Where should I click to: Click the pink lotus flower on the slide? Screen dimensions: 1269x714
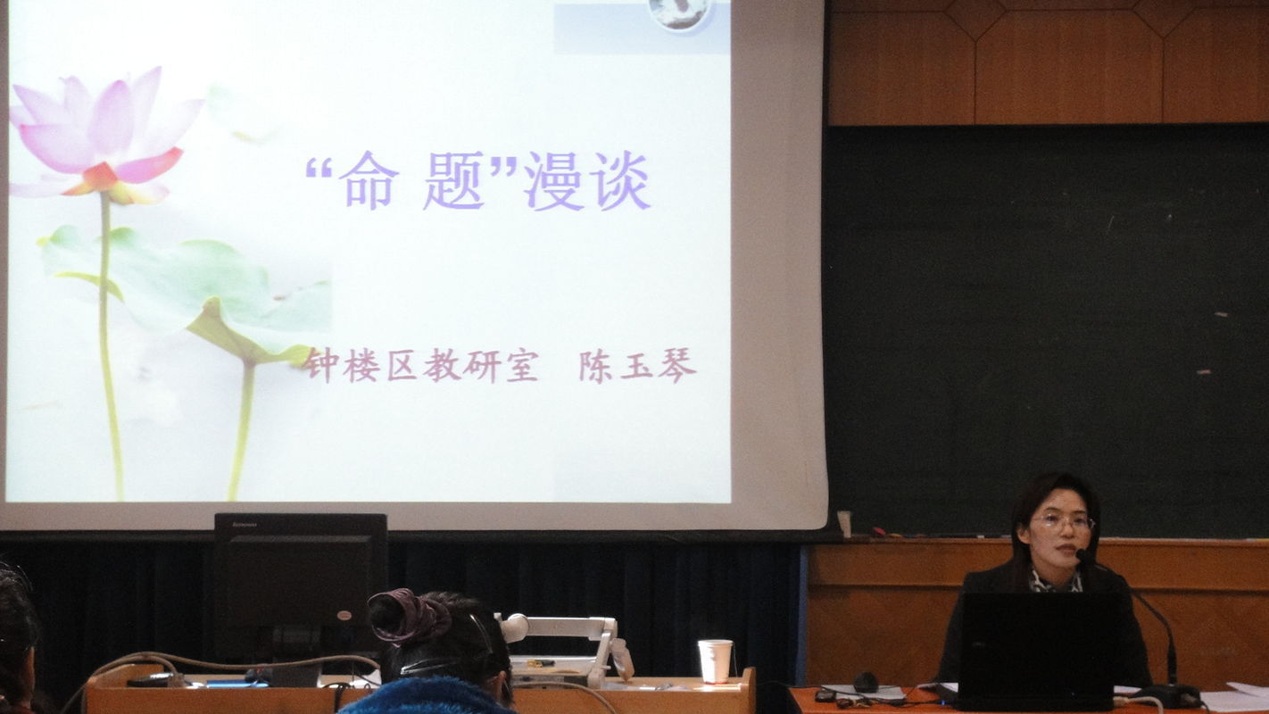tap(104, 136)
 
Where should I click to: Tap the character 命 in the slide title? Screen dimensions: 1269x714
tap(369, 180)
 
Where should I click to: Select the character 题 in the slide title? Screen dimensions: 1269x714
tap(454, 181)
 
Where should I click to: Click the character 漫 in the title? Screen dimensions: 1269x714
tap(553, 181)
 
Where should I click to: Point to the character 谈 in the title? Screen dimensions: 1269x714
tap(619, 181)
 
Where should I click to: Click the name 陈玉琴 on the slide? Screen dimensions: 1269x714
tap(637, 367)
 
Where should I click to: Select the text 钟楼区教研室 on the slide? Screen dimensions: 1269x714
tap(419, 366)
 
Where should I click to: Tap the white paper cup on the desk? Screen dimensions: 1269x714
tap(715, 660)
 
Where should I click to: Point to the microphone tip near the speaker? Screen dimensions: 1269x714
tap(1082, 555)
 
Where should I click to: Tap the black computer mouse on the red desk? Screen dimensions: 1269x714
tap(865, 682)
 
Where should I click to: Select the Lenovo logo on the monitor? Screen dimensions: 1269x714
tap(245, 524)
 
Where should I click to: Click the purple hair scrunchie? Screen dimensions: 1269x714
tap(407, 615)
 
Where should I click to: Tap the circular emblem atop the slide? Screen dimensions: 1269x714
tap(680, 13)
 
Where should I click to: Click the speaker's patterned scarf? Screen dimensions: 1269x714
tap(1055, 581)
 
